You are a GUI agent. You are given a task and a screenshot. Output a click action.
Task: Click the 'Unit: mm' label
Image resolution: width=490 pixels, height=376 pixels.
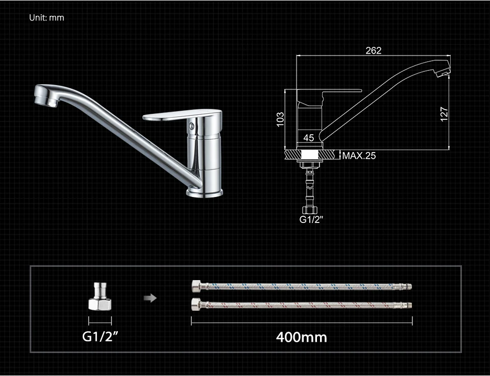tap(46, 18)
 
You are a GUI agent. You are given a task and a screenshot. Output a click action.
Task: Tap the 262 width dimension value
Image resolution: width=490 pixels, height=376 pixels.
tap(374, 51)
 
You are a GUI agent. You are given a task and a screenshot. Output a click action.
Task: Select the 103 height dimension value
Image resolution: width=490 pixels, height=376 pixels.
tap(281, 119)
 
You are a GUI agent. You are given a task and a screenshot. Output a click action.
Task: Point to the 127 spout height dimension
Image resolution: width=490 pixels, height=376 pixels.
tap(444, 114)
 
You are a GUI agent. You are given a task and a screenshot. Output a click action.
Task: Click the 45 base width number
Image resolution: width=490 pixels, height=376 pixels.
tap(308, 138)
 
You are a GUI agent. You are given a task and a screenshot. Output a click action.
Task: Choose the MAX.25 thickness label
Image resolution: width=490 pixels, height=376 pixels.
tap(359, 156)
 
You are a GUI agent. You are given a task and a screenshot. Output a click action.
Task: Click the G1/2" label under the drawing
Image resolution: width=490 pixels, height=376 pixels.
tap(311, 219)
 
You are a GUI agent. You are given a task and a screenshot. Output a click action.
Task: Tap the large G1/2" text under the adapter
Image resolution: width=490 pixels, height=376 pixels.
tap(101, 336)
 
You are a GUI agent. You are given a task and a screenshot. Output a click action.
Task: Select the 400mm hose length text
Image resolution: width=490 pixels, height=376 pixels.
tap(302, 337)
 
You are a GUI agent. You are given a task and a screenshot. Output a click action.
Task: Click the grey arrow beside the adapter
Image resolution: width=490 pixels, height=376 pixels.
tap(150, 298)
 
